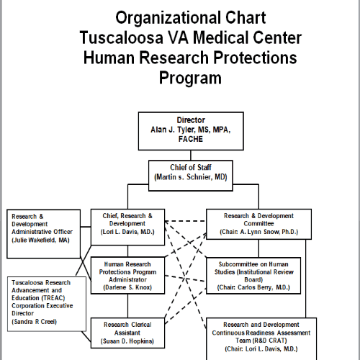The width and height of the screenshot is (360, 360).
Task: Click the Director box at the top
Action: coord(191,131)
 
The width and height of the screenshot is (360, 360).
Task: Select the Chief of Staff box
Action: coord(191,176)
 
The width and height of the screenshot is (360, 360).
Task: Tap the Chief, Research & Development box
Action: coord(127,227)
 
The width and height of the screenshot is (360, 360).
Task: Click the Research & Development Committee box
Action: coord(258,224)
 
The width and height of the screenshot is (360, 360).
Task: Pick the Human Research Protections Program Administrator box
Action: coord(127,276)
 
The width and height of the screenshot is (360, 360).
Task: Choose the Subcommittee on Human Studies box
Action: coord(253,276)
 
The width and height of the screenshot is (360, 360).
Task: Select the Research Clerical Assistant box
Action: coord(127,333)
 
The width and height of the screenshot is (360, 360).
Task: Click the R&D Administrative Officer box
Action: coord(43,234)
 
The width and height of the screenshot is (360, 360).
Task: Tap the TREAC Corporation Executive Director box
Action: coord(47,304)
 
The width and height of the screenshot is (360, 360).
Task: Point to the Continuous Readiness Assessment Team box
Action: coord(261,339)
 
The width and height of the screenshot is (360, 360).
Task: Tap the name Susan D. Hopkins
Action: coord(127,341)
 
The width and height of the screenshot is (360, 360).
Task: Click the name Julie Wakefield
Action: coord(35,240)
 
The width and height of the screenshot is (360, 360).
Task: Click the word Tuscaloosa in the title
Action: coord(122,38)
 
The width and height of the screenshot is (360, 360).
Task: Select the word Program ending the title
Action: coord(190,78)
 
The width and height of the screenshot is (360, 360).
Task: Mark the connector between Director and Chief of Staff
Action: coord(191,156)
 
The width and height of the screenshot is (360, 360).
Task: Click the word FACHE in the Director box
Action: coord(191,139)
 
